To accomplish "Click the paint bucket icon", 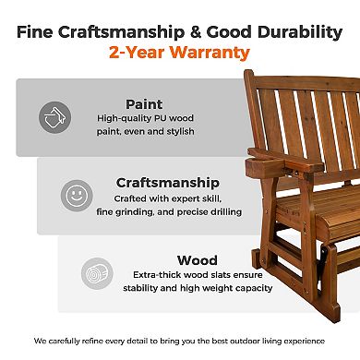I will click(x=55, y=116).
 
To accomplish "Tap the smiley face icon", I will click(x=77, y=195).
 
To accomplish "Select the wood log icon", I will click(x=98, y=274).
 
